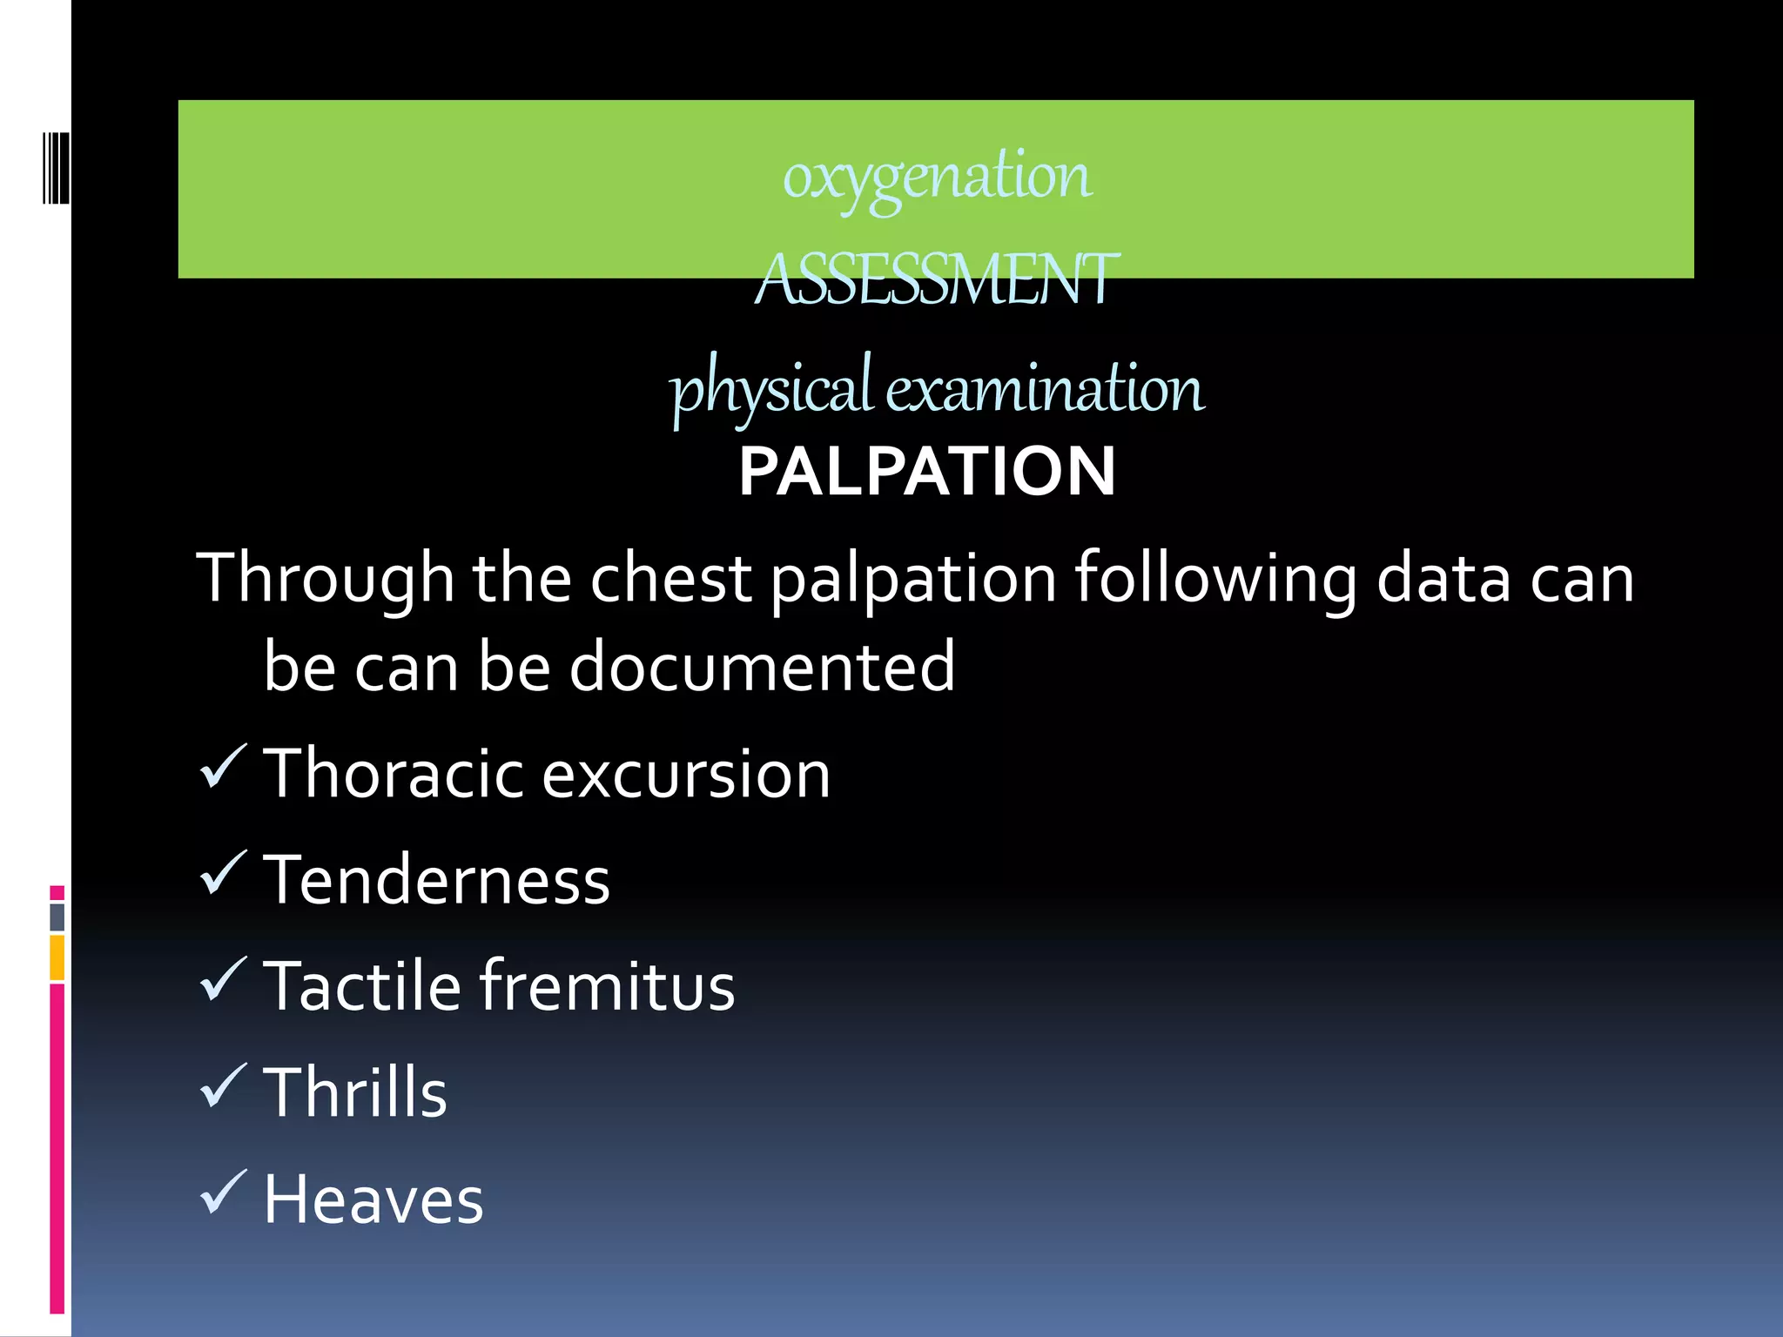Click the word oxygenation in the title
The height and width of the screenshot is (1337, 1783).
point(937,177)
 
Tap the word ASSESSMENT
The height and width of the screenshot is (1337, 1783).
point(937,280)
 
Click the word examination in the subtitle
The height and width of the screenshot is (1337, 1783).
point(1045,388)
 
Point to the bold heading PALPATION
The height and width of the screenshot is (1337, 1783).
point(927,471)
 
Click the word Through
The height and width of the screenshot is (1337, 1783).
point(325,578)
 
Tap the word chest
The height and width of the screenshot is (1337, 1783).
point(670,578)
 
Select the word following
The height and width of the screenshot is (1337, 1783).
point(1215,578)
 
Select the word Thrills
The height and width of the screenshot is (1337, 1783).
point(355,1092)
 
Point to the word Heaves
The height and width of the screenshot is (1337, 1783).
point(373,1199)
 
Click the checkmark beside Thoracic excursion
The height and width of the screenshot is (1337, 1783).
point(223,767)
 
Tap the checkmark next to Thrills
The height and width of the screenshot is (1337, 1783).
point(223,1086)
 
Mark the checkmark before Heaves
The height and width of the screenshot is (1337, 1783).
point(223,1193)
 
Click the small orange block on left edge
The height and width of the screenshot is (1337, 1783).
point(57,957)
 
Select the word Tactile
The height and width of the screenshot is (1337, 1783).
point(362,986)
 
